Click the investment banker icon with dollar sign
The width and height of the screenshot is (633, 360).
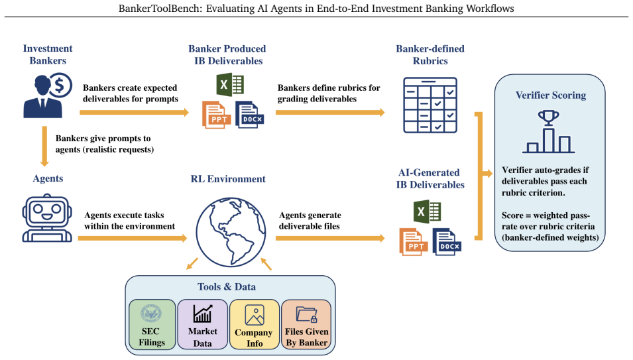pyautogui.click(x=48, y=95)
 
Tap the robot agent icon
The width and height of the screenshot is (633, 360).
pyautogui.click(x=47, y=218)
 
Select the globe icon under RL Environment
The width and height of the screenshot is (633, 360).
pyautogui.click(x=231, y=231)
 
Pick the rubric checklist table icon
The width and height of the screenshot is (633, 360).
pyautogui.click(x=430, y=105)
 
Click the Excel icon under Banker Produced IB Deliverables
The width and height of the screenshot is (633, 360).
pyautogui.click(x=230, y=85)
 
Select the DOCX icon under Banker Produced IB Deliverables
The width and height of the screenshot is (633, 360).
pyautogui.click(x=250, y=115)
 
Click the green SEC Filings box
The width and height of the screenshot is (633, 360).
pyautogui.click(x=152, y=324)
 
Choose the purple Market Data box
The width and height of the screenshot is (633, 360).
pyautogui.click(x=203, y=324)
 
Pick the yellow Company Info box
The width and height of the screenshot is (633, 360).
pyautogui.click(x=255, y=324)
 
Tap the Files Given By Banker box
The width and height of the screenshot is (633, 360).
pyautogui.click(x=306, y=324)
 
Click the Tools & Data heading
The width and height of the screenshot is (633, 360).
pyautogui.click(x=227, y=287)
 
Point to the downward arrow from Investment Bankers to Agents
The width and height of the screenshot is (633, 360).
pyautogui.click(x=44, y=146)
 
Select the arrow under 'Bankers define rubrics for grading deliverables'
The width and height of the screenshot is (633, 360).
pyautogui.click(x=330, y=112)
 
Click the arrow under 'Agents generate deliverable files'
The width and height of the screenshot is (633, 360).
pyautogui.click(x=330, y=239)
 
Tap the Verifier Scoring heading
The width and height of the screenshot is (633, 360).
pyautogui.click(x=551, y=95)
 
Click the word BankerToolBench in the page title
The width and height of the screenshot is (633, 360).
pyautogui.click(x=160, y=8)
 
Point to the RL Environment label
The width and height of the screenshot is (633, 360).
pyautogui.click(x=228, y=179)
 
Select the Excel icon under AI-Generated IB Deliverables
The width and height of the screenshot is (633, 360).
pyautogui.click(x=427, y=211)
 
